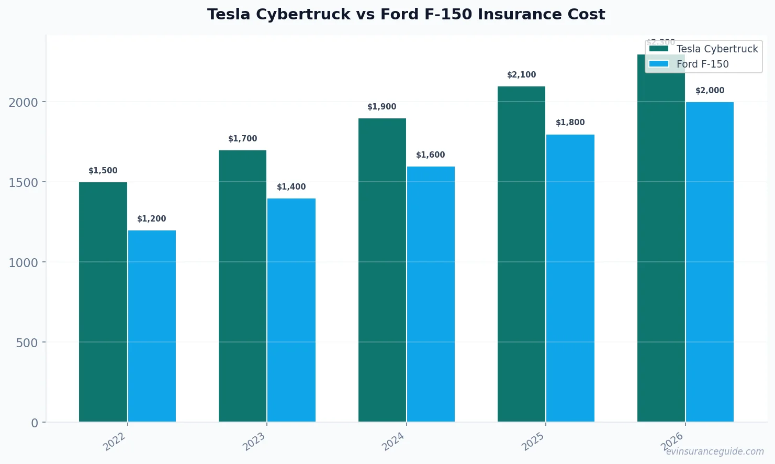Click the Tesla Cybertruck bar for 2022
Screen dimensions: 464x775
103,302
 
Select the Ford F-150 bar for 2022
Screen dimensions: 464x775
152,326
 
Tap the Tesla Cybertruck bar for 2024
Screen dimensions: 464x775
382,270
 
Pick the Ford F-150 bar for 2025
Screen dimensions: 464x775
570,278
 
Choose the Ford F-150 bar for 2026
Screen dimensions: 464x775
710,262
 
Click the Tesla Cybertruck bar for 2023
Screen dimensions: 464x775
242,286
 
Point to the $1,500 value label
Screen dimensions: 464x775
103,171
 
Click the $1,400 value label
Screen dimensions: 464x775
291,187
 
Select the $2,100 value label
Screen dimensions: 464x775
522,75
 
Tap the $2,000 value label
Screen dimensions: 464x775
710,91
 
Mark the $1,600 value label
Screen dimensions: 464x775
431,155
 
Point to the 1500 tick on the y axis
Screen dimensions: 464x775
23,182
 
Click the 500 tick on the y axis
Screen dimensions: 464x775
27,343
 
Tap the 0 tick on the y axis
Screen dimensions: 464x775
35,423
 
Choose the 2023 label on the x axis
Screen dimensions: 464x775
254,442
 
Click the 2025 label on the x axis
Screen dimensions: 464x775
534,442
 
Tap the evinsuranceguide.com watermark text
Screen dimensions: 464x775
715,451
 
